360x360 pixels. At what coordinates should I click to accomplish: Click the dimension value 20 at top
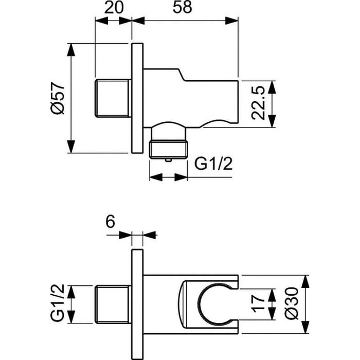coord(114,9)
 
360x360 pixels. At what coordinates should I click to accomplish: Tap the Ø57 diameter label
coord(59,98)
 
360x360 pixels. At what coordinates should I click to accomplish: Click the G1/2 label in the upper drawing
coord(212,164)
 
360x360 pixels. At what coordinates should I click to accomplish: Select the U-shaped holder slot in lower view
coord(211,303)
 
